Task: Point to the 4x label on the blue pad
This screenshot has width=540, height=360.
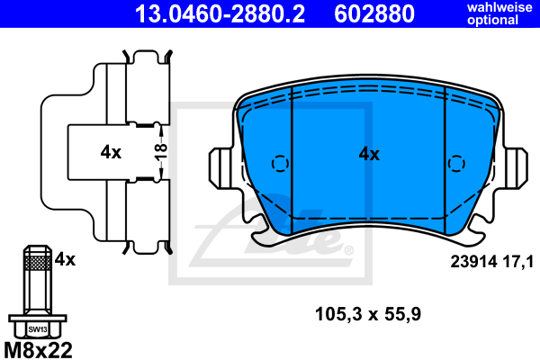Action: (x=369, y=154)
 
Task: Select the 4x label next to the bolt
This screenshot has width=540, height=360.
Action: (x=64, y=259)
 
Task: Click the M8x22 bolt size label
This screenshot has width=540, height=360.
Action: (x=39, y=348)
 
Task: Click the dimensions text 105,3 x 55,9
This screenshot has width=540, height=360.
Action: (x=368, y=314)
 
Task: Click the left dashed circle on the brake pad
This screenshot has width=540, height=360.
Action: (x=279, y=163)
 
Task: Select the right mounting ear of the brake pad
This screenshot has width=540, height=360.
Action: (x=516, y=167)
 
